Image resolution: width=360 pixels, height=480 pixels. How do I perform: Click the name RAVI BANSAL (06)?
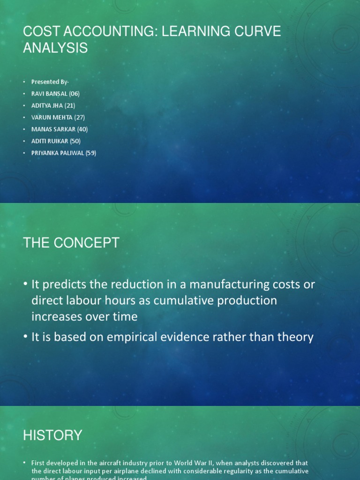click(x=55, y=94)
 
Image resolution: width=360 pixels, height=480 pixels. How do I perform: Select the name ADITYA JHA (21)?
click(x=53, y=105)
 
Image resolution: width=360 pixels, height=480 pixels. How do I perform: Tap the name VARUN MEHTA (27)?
click(x=58, y=117)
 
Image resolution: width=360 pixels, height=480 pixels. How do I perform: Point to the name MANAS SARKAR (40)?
click(x=59, y=129)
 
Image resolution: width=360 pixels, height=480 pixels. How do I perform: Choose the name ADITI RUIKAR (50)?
click(x=56, y=141)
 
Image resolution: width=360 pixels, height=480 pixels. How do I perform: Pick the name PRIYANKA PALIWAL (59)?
click(x=63, y=153)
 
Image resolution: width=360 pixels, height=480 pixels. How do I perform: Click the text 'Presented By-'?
click(x=50, y=82)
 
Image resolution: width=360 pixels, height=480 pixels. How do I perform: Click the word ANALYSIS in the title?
click(x=55, y=47)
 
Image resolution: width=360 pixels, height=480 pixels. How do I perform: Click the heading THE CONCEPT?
click(x=71, y=243)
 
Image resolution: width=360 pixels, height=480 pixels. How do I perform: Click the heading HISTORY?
click(x=52, y=435)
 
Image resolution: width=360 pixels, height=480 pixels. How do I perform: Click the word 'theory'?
click(x=293, y=337)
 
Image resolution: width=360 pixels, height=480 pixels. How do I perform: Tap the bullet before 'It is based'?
click(x=25, y=337)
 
